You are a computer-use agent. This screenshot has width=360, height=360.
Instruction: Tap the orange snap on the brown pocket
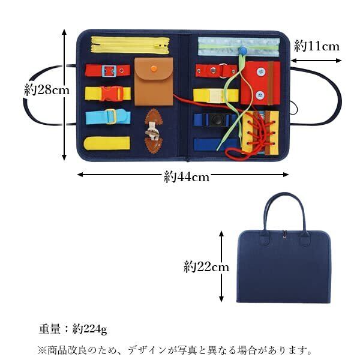click(154, 68)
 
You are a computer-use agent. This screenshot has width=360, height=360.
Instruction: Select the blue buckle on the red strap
click(109, 71)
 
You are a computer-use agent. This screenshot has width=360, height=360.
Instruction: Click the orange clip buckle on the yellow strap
click(112, 94)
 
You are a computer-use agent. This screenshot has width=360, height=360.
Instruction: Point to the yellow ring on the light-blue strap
click(111, 116)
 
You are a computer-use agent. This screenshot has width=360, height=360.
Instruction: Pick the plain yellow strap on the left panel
click(107, 143)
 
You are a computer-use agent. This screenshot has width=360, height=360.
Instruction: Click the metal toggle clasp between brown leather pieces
click(153, 128)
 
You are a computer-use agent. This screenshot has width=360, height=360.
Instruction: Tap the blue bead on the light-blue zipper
click(244, 51)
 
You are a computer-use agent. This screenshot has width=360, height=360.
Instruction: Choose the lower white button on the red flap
click(260, 94)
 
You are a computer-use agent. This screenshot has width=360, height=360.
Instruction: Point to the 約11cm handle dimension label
click(317, 46)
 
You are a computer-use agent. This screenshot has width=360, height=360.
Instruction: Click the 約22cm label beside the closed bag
click(206, 266)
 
